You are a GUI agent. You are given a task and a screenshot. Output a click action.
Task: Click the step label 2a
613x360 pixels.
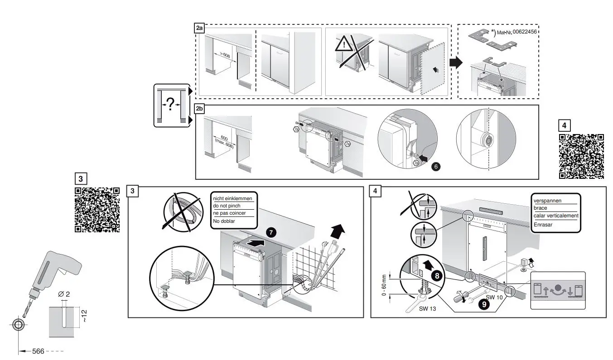199,29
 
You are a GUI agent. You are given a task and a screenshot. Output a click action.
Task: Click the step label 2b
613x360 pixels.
199,110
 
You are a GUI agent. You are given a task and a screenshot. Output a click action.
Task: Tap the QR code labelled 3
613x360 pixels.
97,209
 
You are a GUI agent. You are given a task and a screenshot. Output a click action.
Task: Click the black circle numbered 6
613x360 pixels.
436,166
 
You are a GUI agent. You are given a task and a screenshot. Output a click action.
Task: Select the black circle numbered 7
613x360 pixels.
271,232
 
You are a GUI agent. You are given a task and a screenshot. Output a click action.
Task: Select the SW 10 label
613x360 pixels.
494,297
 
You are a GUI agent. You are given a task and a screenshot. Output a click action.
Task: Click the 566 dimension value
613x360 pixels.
38,351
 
